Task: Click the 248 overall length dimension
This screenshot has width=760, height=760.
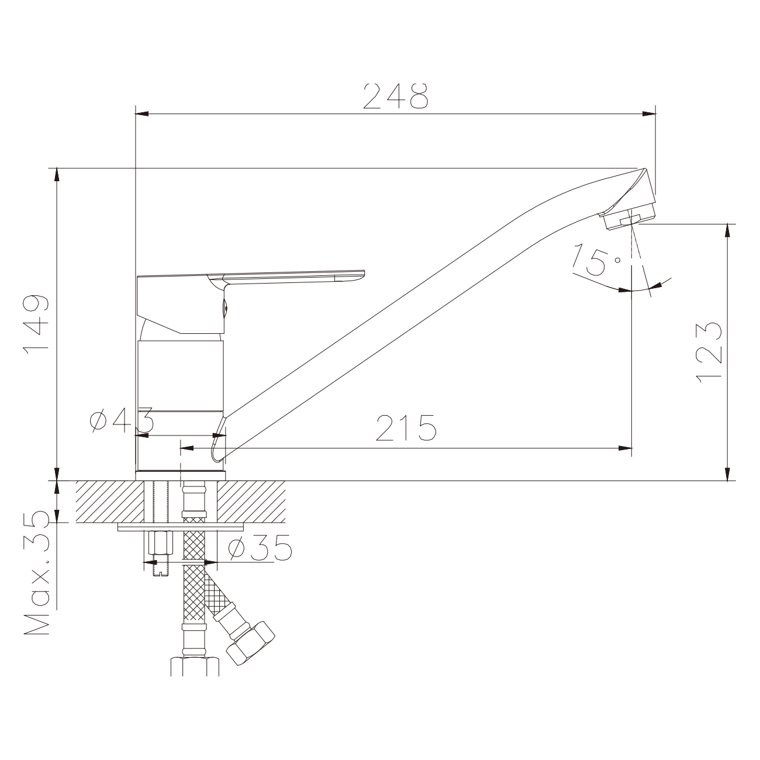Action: [395, 96]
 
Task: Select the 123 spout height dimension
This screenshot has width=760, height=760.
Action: [709, 353]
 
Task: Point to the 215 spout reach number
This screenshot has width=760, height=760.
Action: [406, 427]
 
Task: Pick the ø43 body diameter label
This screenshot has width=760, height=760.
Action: [121, 420]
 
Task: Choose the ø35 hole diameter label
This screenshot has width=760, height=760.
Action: [260, 548]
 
